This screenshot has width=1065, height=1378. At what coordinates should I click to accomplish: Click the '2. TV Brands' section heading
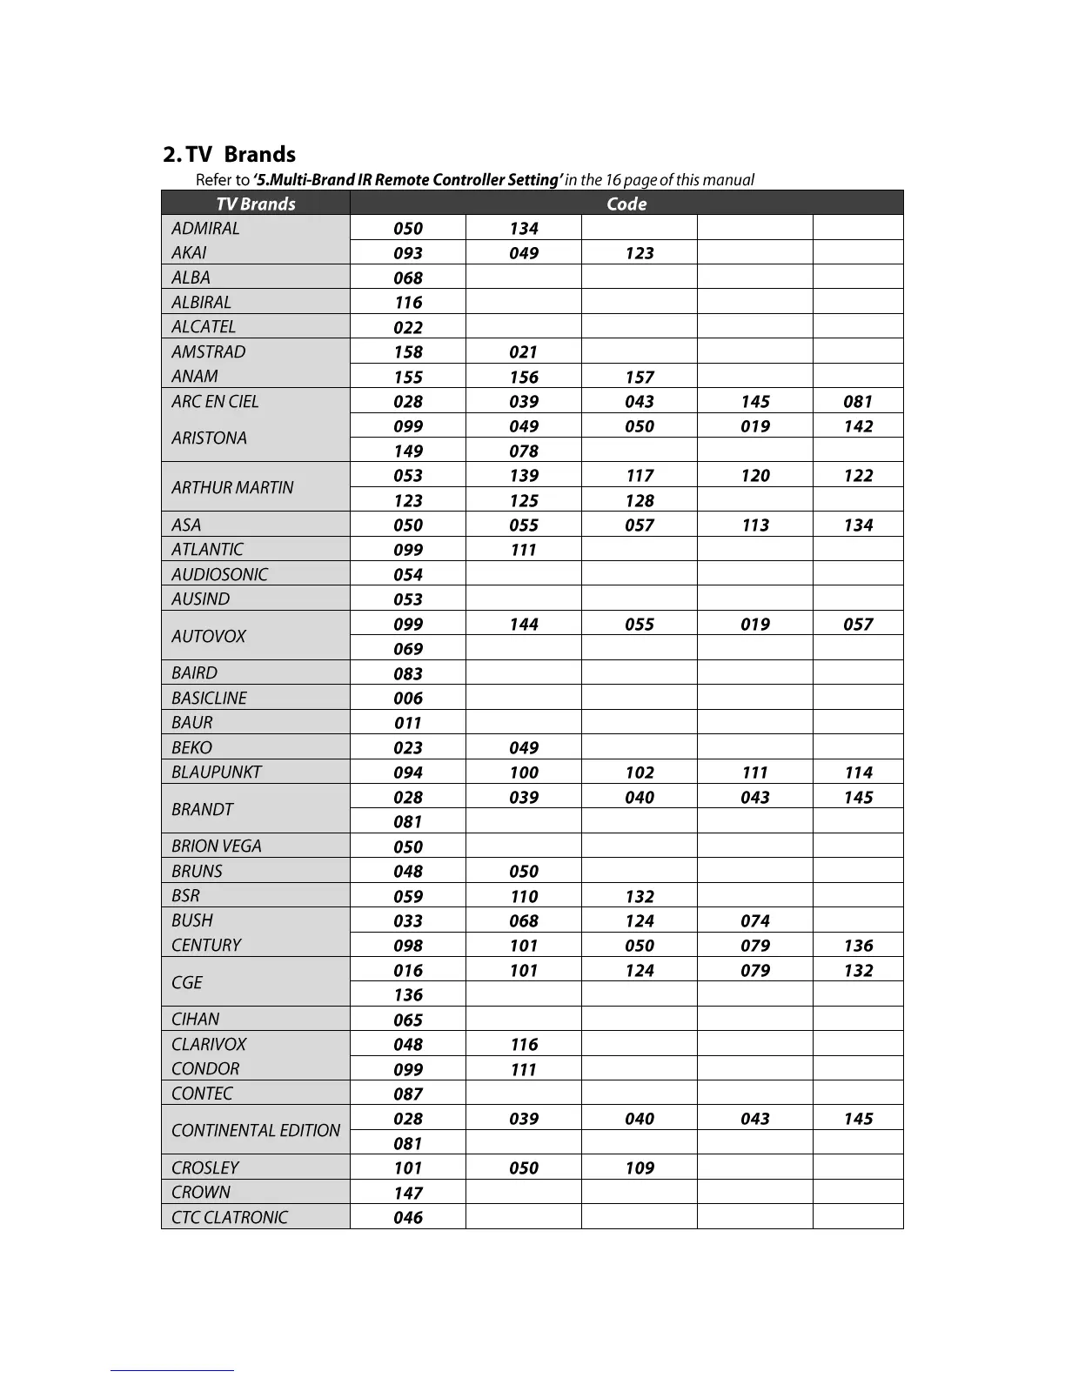click(229, 155)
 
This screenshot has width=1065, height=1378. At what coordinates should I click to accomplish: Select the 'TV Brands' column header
click(255, 204)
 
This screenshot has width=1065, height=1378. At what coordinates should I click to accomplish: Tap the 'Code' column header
click(626, 204)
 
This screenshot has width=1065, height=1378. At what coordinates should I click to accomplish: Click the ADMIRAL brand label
click(205, 228)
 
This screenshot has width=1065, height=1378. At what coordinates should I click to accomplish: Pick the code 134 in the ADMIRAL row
click(524, 229)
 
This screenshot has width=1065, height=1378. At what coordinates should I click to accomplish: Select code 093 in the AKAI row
click(408, 253)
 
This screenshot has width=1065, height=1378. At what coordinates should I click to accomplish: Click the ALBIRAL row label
click(201, 302)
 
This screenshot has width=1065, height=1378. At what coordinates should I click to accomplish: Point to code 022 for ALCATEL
click(408, 328)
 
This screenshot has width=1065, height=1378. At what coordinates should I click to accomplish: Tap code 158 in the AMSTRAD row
click(408, 352)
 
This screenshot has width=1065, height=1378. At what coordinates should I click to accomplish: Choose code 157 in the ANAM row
click(640, 378)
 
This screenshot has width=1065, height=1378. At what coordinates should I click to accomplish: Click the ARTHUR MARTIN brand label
click(232, 487)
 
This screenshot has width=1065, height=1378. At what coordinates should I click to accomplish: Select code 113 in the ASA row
click(755, 525)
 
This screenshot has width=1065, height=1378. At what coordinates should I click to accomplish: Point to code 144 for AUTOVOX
click(524, 625)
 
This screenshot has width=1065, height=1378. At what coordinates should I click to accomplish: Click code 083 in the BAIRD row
click(408, 674)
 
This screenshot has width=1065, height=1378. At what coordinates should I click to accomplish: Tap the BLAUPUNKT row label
click(217, 772)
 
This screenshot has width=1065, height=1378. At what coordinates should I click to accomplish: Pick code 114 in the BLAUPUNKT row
click(858, 773)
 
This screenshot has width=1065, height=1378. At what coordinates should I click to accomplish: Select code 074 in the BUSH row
click(755, 921)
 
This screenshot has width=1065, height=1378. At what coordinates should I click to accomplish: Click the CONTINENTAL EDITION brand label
click(256, 1130)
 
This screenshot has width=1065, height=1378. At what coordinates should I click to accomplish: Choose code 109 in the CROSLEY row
click(640, 1168)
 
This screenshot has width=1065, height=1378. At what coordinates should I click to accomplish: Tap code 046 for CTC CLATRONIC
click(408, 1218)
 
